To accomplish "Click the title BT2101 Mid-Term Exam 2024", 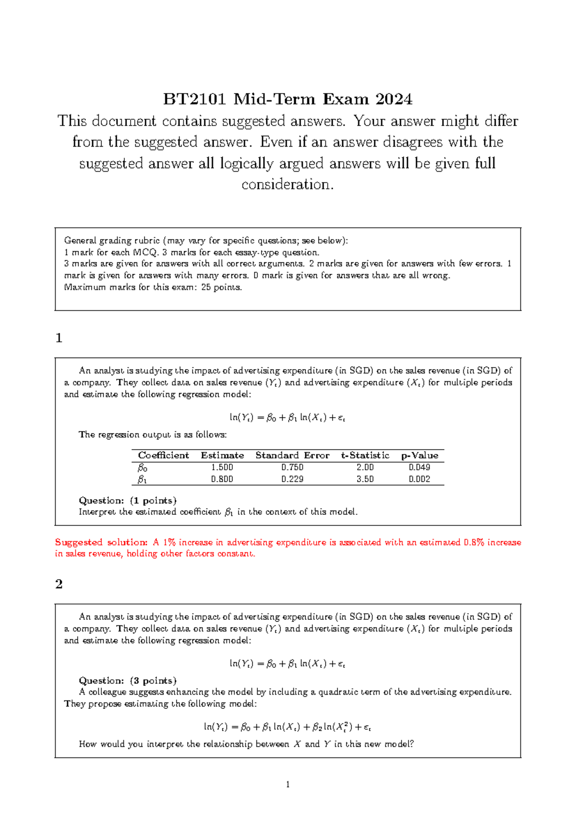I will [x=288, y=99].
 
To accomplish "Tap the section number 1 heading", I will [x=59, y=338].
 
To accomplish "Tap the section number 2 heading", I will [x=59, y=584].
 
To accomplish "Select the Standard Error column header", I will [x=292, y=455].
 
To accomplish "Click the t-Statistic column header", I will [x=365, y=455].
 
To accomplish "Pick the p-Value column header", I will [x=420, y=455].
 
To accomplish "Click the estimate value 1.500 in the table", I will [x=222, y=467].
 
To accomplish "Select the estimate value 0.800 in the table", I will [x=222, y=479].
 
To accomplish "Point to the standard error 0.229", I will [x=292, y=479].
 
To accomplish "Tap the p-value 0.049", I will [x=420, y=467].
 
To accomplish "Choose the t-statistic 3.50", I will [x=365, y=479].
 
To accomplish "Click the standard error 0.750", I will [x=292, y=467].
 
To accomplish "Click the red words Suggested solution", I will [x=101, y=542].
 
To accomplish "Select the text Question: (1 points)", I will [x=128, y=500].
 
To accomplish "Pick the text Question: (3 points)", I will [x=128, y=681].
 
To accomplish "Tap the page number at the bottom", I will [x=288, y=785].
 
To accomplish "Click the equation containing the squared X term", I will [x=288, y=727].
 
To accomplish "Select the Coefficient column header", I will [x=163, y=455].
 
